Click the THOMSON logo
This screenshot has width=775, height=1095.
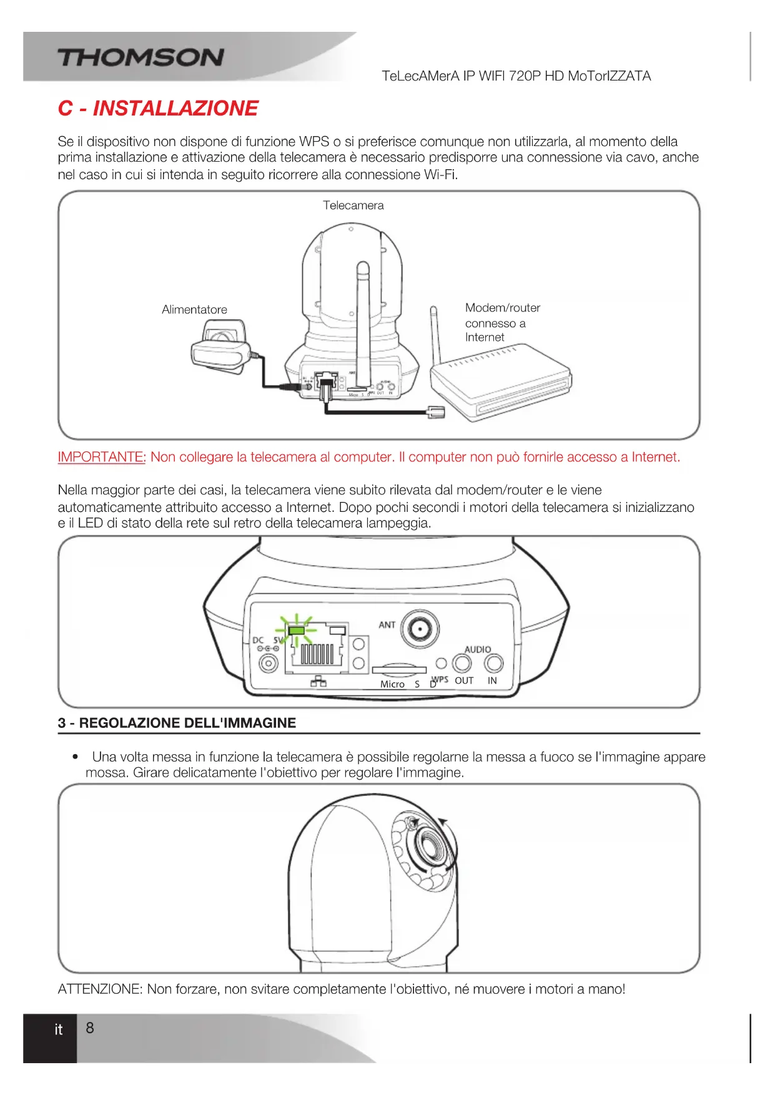click(141, 57)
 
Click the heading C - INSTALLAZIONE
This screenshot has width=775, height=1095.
click(158, 109)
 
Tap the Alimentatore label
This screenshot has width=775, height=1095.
click(194, 310)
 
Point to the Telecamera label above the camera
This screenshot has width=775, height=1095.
click(353, 205)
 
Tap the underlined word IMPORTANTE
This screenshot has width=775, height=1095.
click(101, 457)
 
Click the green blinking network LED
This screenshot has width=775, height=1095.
click(297, 630)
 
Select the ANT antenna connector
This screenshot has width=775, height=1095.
click(420, 628)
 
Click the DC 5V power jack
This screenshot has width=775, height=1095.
click(269, 662)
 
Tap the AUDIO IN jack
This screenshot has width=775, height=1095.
click(493, 662)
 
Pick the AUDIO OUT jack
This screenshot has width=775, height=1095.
click(462, 662)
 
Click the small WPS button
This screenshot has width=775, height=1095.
click(442, 663)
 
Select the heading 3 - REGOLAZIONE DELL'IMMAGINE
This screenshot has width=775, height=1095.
click(177, 723)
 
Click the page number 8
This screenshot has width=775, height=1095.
click(90, 1028)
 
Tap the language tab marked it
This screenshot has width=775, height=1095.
click(58, 1029)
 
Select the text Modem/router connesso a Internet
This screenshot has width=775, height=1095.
click(501, 322)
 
